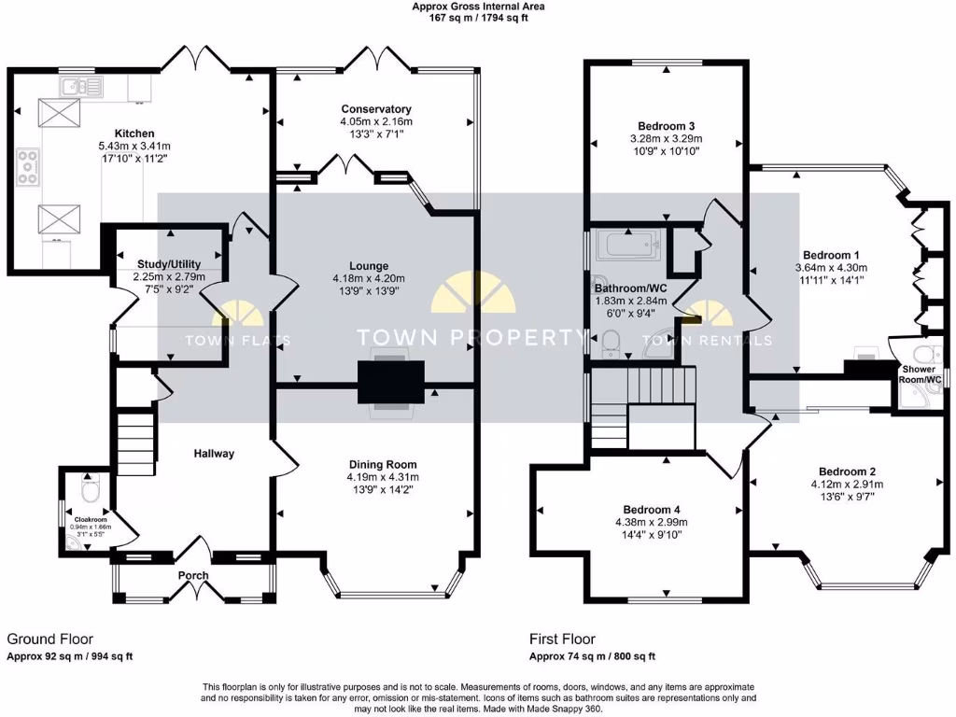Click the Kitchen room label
click(x=134, y=134)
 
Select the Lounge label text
click(x=376, y=266)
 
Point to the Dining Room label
click(x=383, y=464)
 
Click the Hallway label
click(x=214, y=454)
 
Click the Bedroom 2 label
click(x=848, y=471)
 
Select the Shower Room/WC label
click(x=920, y=373)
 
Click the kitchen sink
click(x=81, y=88)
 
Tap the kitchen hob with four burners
click(x=28, y=166)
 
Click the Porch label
click(x=193, y=576)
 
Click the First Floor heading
click(x=562, y=640)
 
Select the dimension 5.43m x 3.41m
click(x=134, y=147)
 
